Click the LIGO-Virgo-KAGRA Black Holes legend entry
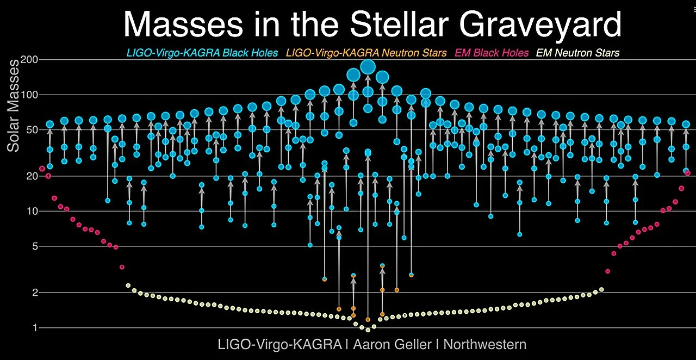202,53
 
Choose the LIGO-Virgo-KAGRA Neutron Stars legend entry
366,53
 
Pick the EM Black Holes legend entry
492,53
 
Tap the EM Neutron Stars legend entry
577,53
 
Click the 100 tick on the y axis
29,95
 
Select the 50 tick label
32,130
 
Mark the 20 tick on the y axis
32,176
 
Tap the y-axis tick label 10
32,211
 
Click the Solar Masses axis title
13,106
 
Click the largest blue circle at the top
368,66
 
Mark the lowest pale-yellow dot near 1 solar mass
368,330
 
